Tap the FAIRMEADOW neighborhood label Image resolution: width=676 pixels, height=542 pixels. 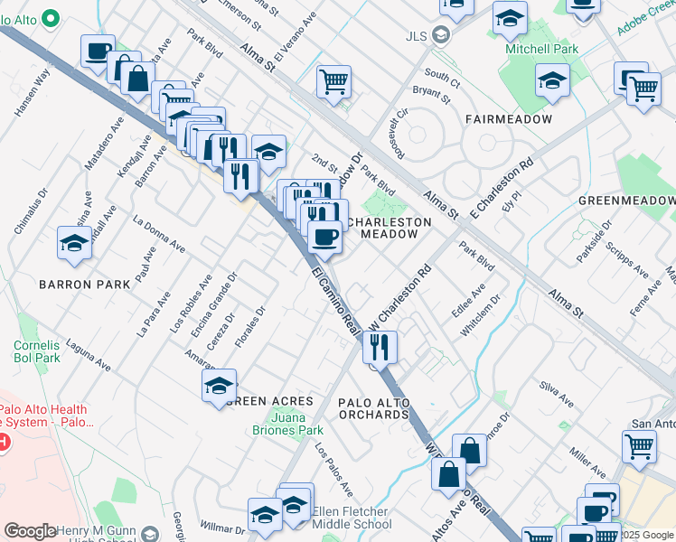tap(502, 119)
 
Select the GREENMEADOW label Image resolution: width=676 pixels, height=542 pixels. tap(626, 201)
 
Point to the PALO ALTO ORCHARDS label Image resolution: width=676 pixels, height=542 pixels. tap(373, 408)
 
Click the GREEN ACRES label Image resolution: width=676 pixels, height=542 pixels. tap(270, 400)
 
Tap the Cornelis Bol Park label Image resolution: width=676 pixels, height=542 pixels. tap(36, 351)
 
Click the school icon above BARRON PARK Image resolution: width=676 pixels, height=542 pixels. tap(74, 242)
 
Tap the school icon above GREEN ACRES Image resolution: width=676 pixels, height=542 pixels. tap(220, 385)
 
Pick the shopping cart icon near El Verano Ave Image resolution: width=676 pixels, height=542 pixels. tap(333, 81)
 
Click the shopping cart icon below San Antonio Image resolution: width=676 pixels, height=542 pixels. tap(639, 445)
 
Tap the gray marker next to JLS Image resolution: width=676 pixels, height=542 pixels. tap(441, 36)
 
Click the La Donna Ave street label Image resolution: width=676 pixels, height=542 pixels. tap(159, 234)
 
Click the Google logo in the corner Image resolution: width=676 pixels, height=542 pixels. tap(31, 531)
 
